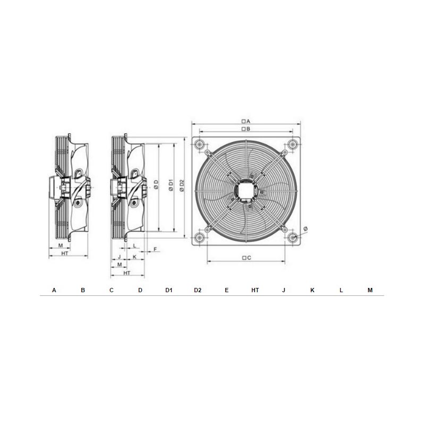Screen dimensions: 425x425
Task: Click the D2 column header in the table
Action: tap(198, 290)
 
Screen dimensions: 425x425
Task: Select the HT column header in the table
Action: tap(255, 290)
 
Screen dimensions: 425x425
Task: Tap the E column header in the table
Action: tap(227, 290)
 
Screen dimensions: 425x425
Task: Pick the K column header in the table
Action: tap(312, 290)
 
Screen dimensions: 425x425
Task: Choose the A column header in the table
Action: tap(54, 290)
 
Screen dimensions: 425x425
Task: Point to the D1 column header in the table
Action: tap(169, 290)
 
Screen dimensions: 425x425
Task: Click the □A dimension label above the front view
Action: tap(246, 122)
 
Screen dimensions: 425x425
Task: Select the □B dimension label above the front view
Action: tap(246, 129)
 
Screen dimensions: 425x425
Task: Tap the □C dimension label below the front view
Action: tap(246, 258)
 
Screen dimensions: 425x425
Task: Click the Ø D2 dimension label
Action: tap(182, 185)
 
